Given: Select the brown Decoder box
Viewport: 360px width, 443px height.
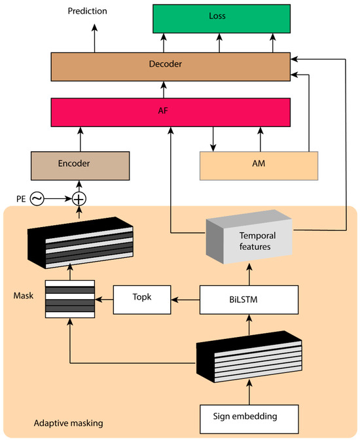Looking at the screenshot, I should pos(170,65).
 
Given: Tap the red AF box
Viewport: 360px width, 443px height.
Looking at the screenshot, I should pos(170,112).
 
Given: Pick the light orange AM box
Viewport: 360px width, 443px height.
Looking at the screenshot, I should pos(259,166).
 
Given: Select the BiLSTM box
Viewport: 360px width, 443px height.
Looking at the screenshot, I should pos(249,299).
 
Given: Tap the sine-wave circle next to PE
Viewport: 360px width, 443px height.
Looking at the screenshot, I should pos(37,197).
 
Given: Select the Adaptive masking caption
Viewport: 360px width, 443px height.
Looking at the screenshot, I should pos(68,423).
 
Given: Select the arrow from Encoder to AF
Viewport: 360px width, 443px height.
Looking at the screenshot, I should pos(80,139).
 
